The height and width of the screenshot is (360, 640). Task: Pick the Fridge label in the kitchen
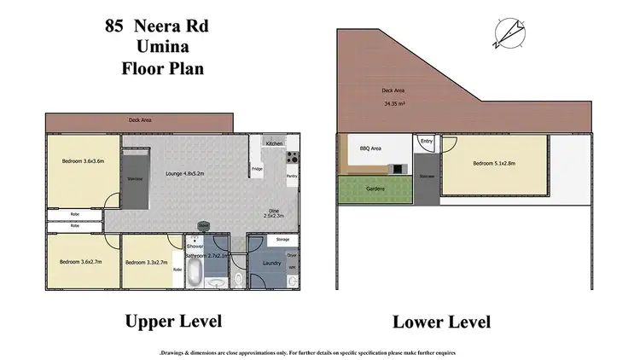pos(257,169)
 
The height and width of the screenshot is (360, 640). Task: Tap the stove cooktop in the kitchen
pos(293,157)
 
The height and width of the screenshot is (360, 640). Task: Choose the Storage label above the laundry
pos(282,241)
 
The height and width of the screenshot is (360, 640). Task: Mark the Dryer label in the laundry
pos(291,255)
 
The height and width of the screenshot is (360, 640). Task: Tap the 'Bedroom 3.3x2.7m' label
pos(148,263)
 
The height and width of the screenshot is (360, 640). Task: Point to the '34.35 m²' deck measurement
pos(394,105)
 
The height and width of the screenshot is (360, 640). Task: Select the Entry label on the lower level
pos(427,141)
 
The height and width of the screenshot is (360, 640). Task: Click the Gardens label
pos(375,189)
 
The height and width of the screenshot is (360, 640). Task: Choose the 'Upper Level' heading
pos(173,322)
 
